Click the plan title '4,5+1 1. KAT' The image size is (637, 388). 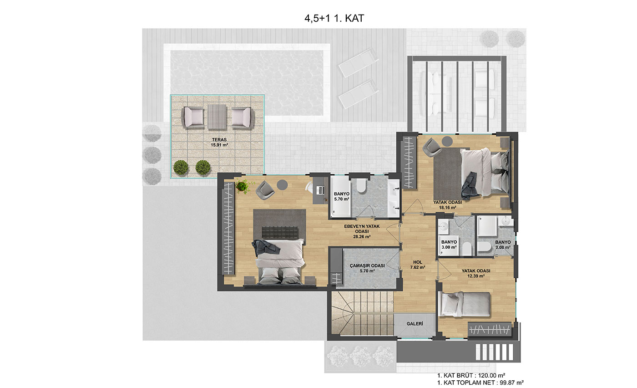click(x=334, y=19)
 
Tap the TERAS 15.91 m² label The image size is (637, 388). click(x=219, y=143)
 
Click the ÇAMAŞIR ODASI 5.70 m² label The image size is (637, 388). click(x=367, y=268)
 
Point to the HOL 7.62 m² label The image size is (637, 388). click(x=418, y=265)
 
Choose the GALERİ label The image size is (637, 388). click(x=415, y=324)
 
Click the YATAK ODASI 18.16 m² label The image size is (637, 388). click(x=447, y=205)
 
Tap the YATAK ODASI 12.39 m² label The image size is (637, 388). click(x=476, y=273)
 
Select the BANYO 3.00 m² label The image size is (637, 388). click(x=449, y=245)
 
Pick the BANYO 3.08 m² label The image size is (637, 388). click(x=503, y=245)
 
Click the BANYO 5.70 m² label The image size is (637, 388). click(x=342, y=196)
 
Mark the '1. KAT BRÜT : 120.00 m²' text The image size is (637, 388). click(x=471, y=375)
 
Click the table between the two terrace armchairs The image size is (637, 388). click(x=217, y=117)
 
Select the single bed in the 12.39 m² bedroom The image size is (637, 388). click(x=465, y=304)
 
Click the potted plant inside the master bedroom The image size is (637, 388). click(x=242, y=186)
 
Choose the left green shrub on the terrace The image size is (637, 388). click(x=181, y=168)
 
